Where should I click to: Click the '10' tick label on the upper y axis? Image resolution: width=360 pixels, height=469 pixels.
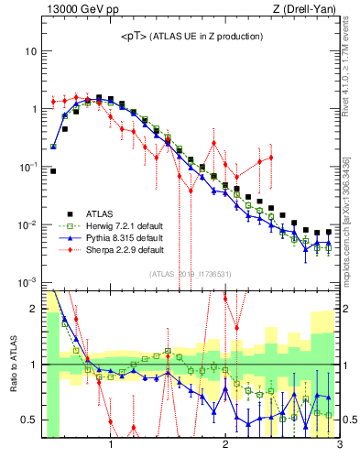pyautogui.click(x=30, y=51)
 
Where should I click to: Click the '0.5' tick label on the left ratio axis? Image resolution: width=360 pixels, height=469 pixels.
pyautogui.click(x=27, y=420)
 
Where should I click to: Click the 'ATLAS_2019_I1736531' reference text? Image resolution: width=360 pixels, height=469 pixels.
pyautogui.click(x=191, y=274)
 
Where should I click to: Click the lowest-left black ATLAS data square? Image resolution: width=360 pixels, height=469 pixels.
pyautogui.click(x=53, y=170)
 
